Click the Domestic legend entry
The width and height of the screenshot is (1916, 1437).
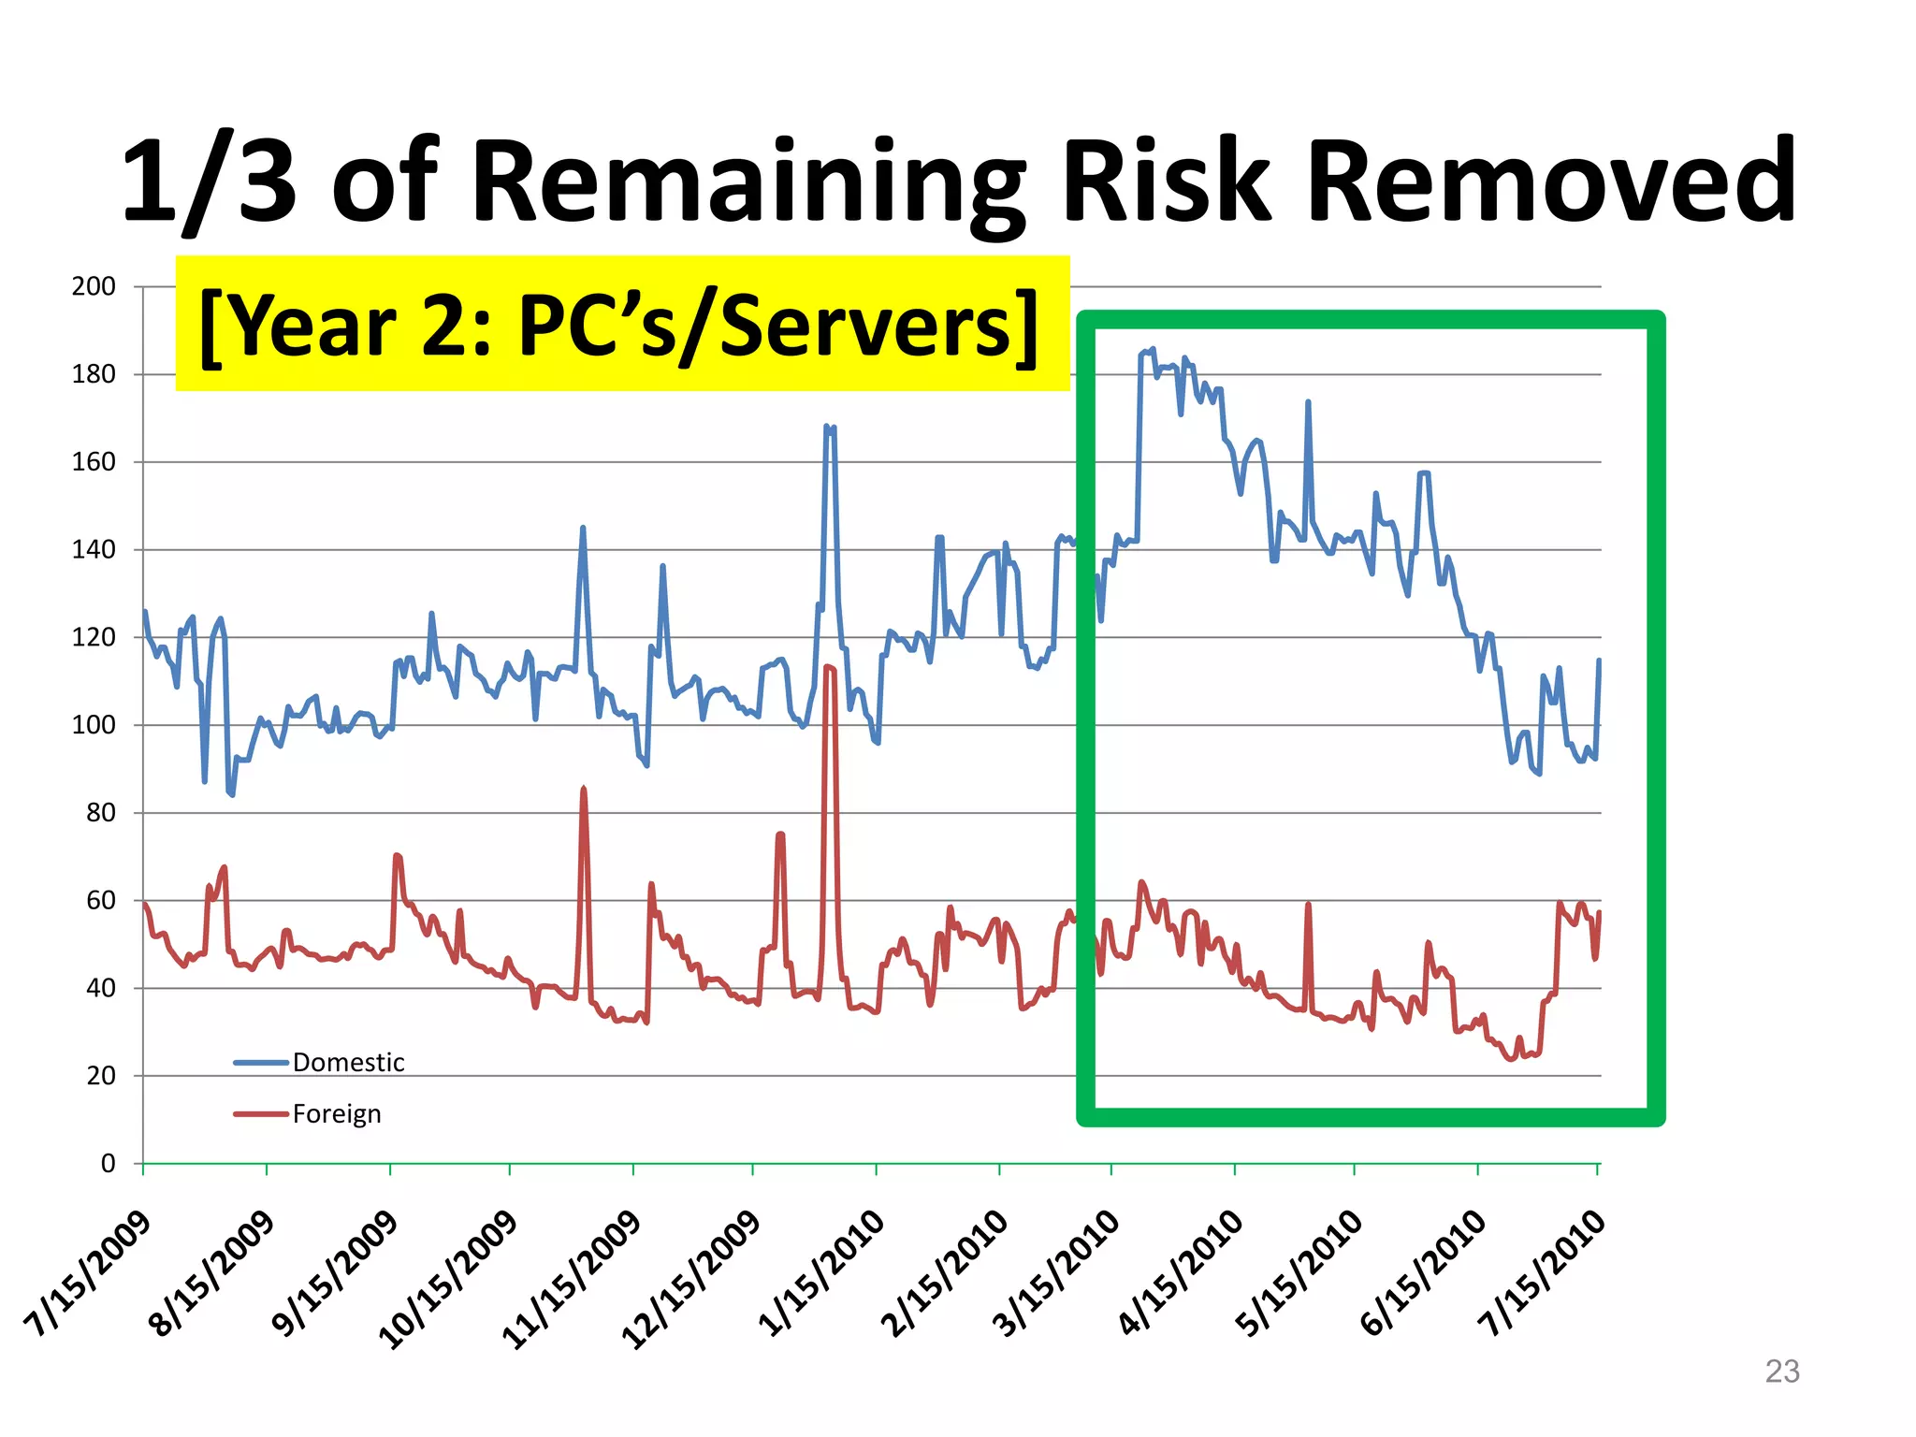pyautogui.click(x=348, y=1062)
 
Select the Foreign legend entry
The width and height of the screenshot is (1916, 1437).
pyautogui.click(x=337, y=1113)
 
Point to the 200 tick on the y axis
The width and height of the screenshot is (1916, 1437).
pyautogui.click(x=94, y=286)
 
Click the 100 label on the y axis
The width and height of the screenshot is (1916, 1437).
pyautogui.click(x=94, y=725)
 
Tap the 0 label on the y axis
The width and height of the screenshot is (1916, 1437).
pyautogui.click(x=108, y=1163)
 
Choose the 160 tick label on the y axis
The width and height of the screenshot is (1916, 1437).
pyautogui.click(x=94, y=461)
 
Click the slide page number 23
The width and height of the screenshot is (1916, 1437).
pyautogui.click(x=1781, y=1371)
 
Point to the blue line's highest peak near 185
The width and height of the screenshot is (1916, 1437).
pyautogui.click(x=1152, y=350)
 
